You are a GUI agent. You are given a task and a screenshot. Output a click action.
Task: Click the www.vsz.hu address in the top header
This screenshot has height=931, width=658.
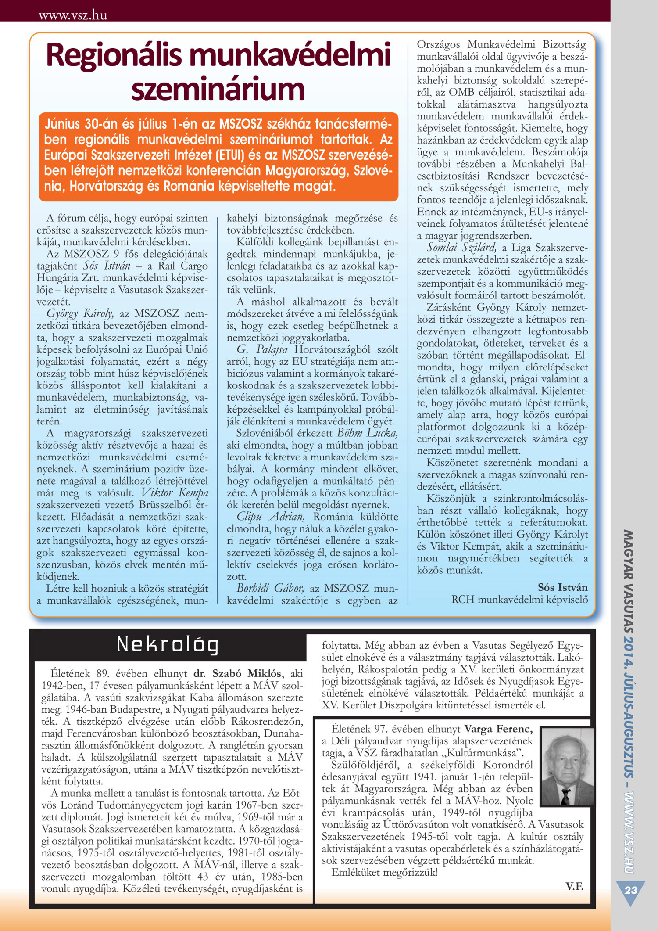click(x=73, y=15)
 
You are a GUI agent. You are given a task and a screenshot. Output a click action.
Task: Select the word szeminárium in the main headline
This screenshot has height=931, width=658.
click(x=218, y=89)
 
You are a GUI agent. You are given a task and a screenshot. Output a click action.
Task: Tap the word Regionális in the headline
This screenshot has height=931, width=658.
click(x=114, y=56)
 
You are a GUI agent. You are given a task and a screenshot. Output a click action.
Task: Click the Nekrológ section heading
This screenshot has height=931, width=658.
click(x=168, y=644)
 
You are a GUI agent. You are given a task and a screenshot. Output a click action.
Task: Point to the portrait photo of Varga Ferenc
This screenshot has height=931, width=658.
click(x=567, y=766)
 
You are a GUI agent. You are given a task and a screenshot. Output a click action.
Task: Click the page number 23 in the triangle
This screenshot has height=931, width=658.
click(x=631, y=890)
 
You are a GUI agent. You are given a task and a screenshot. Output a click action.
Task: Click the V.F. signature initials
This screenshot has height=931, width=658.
click(x=574, y=886)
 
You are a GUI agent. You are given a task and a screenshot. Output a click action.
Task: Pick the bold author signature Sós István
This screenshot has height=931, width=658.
click(x=563, y=587)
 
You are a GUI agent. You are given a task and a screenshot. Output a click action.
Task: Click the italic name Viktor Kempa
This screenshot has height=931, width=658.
click(x=175, y=493)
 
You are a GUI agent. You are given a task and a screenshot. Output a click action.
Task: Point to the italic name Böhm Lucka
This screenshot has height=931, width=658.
click(x=368, y=433)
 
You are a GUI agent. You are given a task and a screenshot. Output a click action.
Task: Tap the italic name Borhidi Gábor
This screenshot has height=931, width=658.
click(x=270, y=588)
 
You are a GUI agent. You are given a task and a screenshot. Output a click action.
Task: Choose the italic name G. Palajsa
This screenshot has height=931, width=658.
click(x=262, y=349)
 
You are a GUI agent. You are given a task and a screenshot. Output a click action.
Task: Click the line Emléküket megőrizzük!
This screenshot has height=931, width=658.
click(x=384, y=872)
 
